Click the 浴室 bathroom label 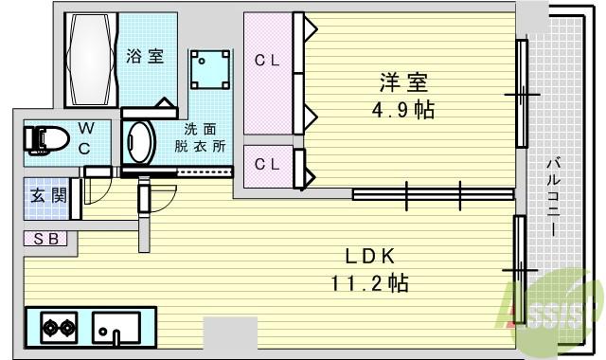pyautogui.click(x=145, y=56)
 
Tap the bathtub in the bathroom pyautogui.click(x=90, y=59)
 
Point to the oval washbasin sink pyautogui.click(x=140, y=142)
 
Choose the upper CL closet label pyautogui.click(x=267, y=61)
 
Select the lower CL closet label pyautogui.click(x=267, y=164)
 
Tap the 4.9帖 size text pyautogui.click(x=402, y=110)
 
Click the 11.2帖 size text pyautogui.click(x=369, y=281)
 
